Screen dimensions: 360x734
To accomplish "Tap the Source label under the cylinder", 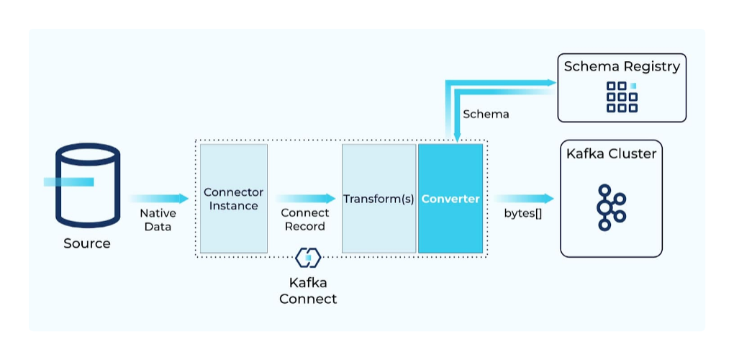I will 87,243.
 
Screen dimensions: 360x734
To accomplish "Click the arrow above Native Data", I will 158,198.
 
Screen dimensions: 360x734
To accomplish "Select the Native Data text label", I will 158,220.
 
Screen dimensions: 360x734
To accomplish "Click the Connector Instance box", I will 234,199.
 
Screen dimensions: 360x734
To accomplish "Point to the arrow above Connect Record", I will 305,198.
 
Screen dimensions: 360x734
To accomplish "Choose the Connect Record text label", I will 305,220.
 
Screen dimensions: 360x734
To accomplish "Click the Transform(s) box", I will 379,199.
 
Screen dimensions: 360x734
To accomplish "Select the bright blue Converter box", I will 450,199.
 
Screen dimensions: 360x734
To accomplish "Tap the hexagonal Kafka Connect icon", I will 308,257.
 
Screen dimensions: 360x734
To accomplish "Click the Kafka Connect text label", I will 308,291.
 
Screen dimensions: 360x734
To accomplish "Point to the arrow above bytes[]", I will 525,198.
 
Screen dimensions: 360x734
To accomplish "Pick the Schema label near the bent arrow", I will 486,114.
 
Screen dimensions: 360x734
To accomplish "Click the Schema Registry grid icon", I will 622,96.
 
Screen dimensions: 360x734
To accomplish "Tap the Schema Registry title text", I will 622,67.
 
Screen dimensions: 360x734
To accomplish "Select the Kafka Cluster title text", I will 611,153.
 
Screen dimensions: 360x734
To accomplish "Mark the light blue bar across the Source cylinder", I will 68,181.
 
